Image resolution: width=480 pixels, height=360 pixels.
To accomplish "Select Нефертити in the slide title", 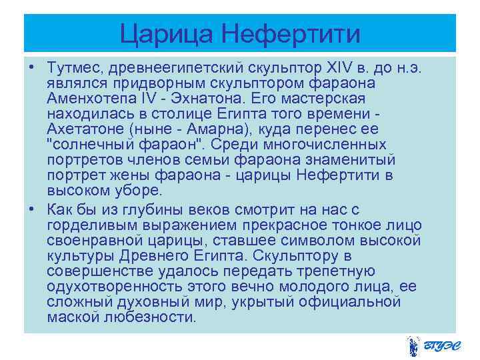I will pyautogui.click(x=291, y=33).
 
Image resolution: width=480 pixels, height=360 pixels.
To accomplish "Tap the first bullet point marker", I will pyautogui.click(x=31, y=69).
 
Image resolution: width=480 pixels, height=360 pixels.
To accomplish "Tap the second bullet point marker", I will pyautogui.click(x=31, y=209).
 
